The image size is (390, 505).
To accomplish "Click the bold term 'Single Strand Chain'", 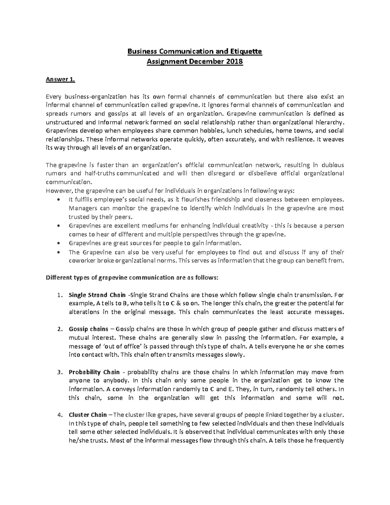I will (97, 295).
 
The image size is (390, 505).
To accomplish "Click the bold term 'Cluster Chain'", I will (88, 415).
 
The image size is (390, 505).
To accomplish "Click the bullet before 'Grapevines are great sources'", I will (58, 243).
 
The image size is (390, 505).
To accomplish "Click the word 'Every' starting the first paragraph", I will (53, 97).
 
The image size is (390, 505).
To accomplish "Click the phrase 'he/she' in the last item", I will (78, 441).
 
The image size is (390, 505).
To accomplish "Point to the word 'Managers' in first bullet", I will (82, 208).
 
